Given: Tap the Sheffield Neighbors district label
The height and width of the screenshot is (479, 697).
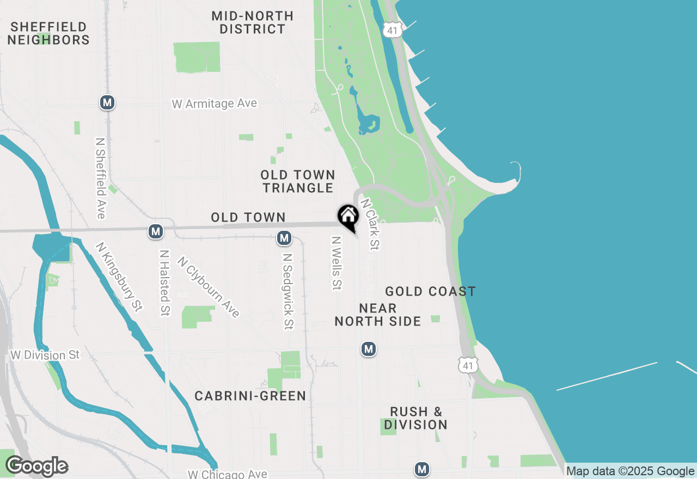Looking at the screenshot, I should [x=48, y=33].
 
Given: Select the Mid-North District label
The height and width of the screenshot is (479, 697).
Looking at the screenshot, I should [x=253, y=22].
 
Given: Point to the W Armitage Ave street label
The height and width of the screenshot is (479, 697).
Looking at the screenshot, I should [x=214, y=103].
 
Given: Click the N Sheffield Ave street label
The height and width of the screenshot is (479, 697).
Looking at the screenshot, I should [x=100, y=177].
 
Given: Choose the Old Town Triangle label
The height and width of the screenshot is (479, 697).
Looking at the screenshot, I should [x=297, y=181].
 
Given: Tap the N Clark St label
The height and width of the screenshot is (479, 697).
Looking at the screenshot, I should [x=369, y=224].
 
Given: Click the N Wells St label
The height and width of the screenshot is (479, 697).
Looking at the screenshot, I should [x=337, y=263].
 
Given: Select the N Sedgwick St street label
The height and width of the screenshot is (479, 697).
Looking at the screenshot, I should [x=288, y=291].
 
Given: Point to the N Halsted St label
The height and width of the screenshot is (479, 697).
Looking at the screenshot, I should [x=164, y=283].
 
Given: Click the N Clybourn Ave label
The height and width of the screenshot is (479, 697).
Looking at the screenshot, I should [x=208, y=287].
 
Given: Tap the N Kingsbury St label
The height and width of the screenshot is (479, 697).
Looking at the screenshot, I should [x=119, y=277].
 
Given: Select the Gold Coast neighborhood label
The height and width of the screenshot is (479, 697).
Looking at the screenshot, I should [x=430, y=292].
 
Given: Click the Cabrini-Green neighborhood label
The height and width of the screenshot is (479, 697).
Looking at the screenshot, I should [x=250, y=396].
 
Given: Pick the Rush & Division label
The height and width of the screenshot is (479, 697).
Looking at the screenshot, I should [x=415, y=418].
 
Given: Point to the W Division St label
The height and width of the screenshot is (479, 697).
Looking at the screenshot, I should [x=45, y=355].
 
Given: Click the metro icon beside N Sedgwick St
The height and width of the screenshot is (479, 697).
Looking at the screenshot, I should [x=284, y=238].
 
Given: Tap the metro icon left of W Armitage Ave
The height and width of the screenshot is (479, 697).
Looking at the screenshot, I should [x=107, y=102].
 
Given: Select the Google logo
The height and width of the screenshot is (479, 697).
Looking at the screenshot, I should [x=36, y=466].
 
